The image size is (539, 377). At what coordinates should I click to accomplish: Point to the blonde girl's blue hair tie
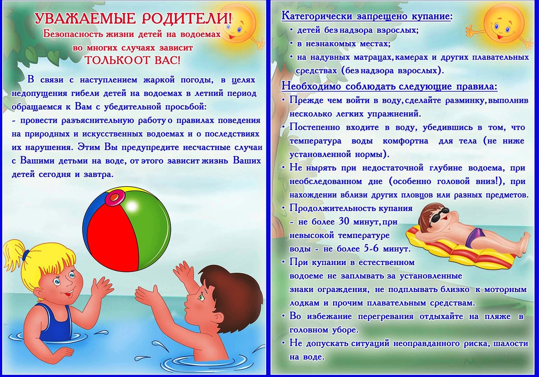click(x=26, y=255)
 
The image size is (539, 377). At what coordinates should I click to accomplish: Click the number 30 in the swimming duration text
click(x=344, y=221)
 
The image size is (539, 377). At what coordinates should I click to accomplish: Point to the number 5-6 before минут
click(x=372, y=248)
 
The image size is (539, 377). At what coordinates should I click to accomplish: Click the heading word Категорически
click(x=317, y=16)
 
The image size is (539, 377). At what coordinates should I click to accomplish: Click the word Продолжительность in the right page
click(x=331, y=208)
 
